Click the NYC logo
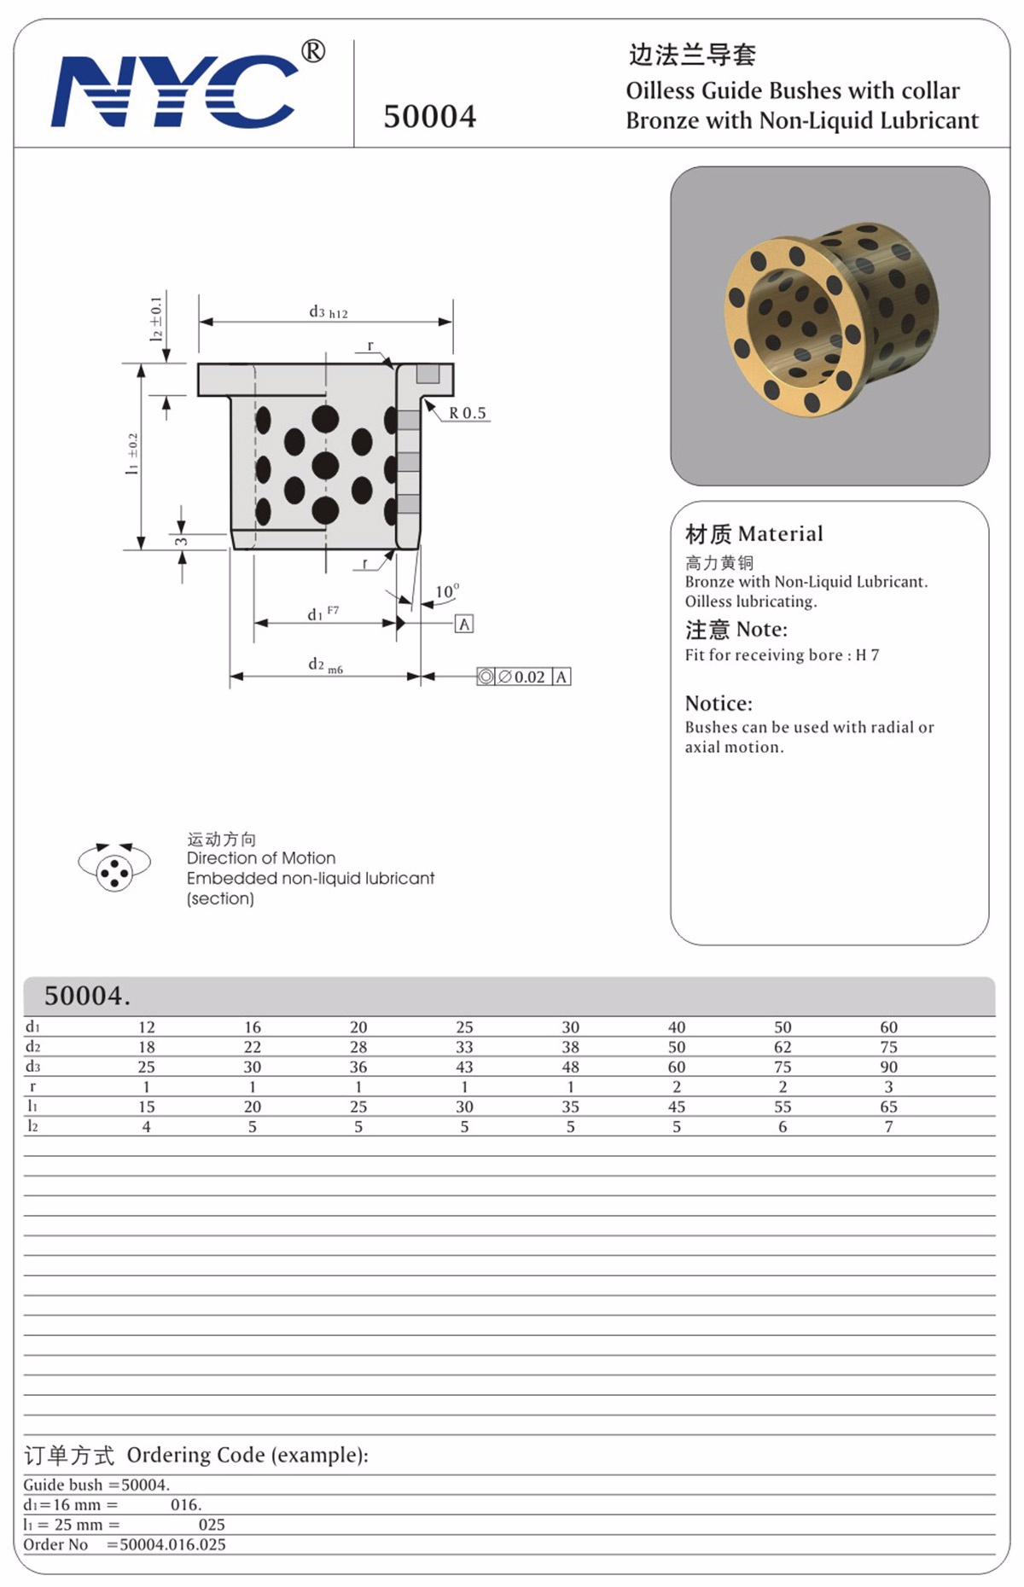(174, 91)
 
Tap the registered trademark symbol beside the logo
(313, 51)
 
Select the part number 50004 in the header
(429, 117)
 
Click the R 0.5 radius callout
(467, 413)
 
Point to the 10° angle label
(446, 591)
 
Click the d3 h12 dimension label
(328, 312)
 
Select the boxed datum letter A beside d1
(464, 624)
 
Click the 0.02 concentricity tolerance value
(528, 677)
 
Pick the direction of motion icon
(114, 868)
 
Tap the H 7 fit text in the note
(867, 655)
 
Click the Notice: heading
(719, 703)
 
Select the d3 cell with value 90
(888, 1067)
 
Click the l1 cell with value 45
(676, 1107)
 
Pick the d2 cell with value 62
(783, 1047)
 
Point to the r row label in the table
(32, 1086)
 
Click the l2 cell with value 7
(888, 1126)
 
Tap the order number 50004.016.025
(172, 1544)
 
